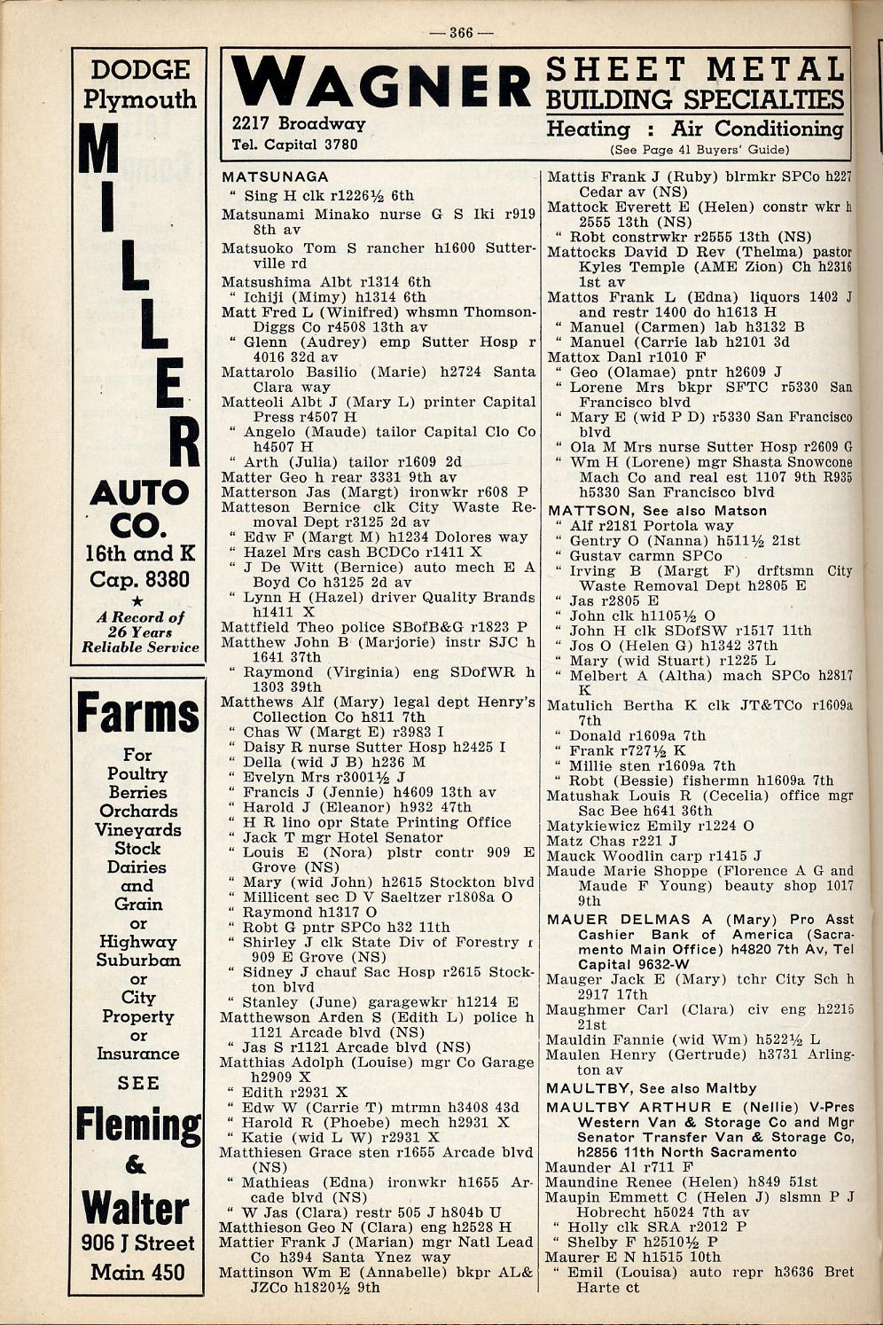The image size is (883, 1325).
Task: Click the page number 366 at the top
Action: pos(461,34)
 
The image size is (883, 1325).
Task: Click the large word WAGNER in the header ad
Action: pos(381,85)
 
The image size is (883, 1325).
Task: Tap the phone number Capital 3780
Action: pos(294,145)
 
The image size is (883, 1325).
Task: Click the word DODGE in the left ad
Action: pos(139,70)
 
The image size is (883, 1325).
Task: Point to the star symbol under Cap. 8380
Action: pos(138,600)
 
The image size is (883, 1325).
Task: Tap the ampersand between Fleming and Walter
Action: pos(136,1165)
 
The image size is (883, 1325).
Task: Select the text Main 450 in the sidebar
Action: pos(137,1272)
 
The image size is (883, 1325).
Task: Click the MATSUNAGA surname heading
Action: pos(275,176)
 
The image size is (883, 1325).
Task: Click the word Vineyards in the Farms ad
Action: pos(138,830)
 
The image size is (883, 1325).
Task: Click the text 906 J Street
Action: pos(137,1243)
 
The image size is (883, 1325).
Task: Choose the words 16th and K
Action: pos(139,553)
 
